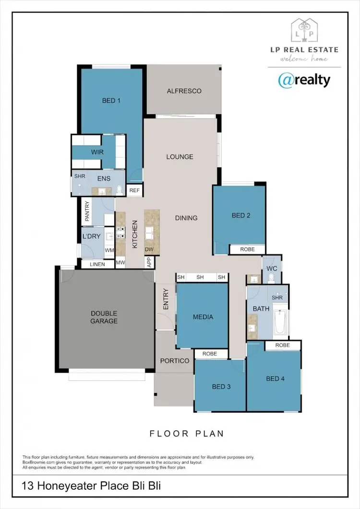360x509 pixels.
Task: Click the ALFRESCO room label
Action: pyautogui.click(x=184, y=91)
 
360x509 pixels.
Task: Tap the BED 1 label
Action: pyautogui.click(x=111, y=100)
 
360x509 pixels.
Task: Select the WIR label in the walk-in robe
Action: pyautogui.click(x=97, y=152)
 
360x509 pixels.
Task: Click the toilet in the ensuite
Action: pyautogui.click(x=120, y=191)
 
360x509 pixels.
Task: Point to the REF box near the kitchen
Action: pyautogui.click(x=134, y=191)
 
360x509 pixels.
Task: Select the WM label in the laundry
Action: pyautogui.click(x=109, y=250)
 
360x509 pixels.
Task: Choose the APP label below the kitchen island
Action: pyautogui.click(x=149, y=263)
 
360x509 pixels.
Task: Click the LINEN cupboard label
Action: pyautogui.click(x=97, y=264)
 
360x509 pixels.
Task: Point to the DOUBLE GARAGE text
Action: pyautogui.click(x=104, y=317)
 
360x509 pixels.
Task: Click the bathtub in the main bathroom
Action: pyautogui.click(x=281, y=323)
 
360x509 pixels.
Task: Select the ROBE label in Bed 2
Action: pyautogui.click(x=247, y=250)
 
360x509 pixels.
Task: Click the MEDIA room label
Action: pyautogui.click(x=203, y=317)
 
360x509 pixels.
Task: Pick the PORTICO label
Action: pyautogui.click(x=174, y=361)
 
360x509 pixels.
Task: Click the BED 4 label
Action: pyautogui.click(x=276, y=379)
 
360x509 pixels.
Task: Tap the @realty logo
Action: pyautogui.click(x=304, y=80)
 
